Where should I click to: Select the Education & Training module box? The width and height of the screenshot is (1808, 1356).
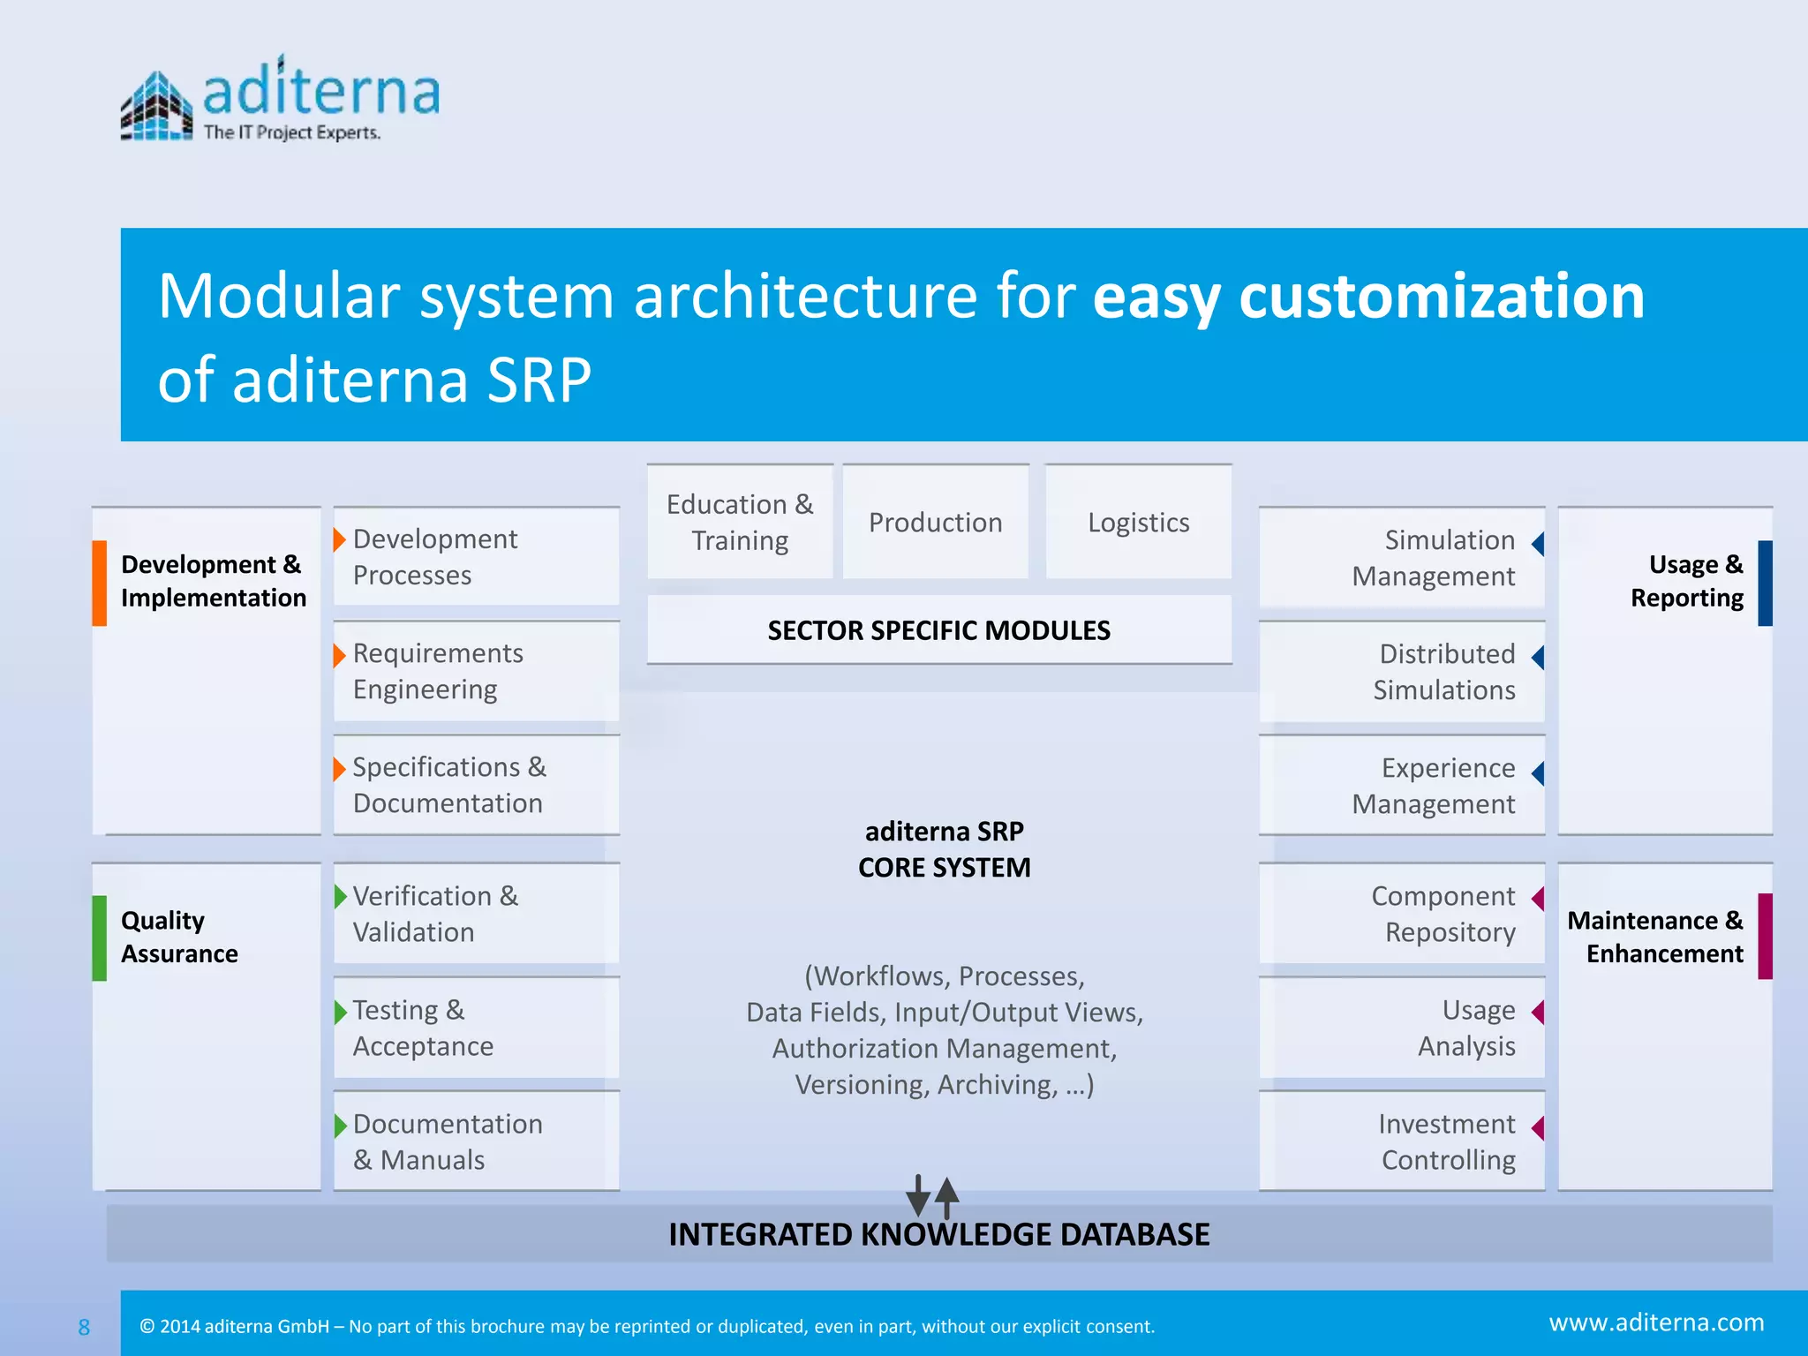coord(740,522)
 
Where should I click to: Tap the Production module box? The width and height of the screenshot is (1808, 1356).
coord(935,522)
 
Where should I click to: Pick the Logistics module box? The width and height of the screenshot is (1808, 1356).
coord(1138,522)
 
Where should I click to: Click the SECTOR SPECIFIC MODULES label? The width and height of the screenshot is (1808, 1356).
coord(938,630)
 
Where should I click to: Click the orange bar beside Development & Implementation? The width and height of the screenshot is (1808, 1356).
coord(100,583)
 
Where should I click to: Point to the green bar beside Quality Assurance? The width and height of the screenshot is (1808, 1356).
coord(100,938)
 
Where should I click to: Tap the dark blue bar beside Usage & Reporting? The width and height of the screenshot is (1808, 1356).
coord(1765,583)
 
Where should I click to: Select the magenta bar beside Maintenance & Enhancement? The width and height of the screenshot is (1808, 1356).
coord(1765,936)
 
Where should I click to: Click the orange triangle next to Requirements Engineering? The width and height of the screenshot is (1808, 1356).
coord(339,655)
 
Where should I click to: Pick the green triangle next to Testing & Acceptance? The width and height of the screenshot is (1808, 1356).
coord(340,1012)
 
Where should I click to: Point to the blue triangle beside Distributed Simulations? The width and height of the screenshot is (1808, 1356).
coord(1538,657)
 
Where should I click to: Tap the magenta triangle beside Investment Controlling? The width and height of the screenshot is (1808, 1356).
coord(1538,1127)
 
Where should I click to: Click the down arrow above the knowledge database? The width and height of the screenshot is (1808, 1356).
coord(918,1196)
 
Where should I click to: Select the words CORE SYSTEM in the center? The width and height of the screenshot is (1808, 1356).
coord(944,868)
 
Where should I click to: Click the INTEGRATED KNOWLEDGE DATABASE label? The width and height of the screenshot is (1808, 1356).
coord(938,1234)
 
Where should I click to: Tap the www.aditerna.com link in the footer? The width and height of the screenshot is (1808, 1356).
coord(1656,1322)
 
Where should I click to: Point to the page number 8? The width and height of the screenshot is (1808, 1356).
coord(84,1327)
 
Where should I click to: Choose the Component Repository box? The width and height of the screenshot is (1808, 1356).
coord(1401,914)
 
